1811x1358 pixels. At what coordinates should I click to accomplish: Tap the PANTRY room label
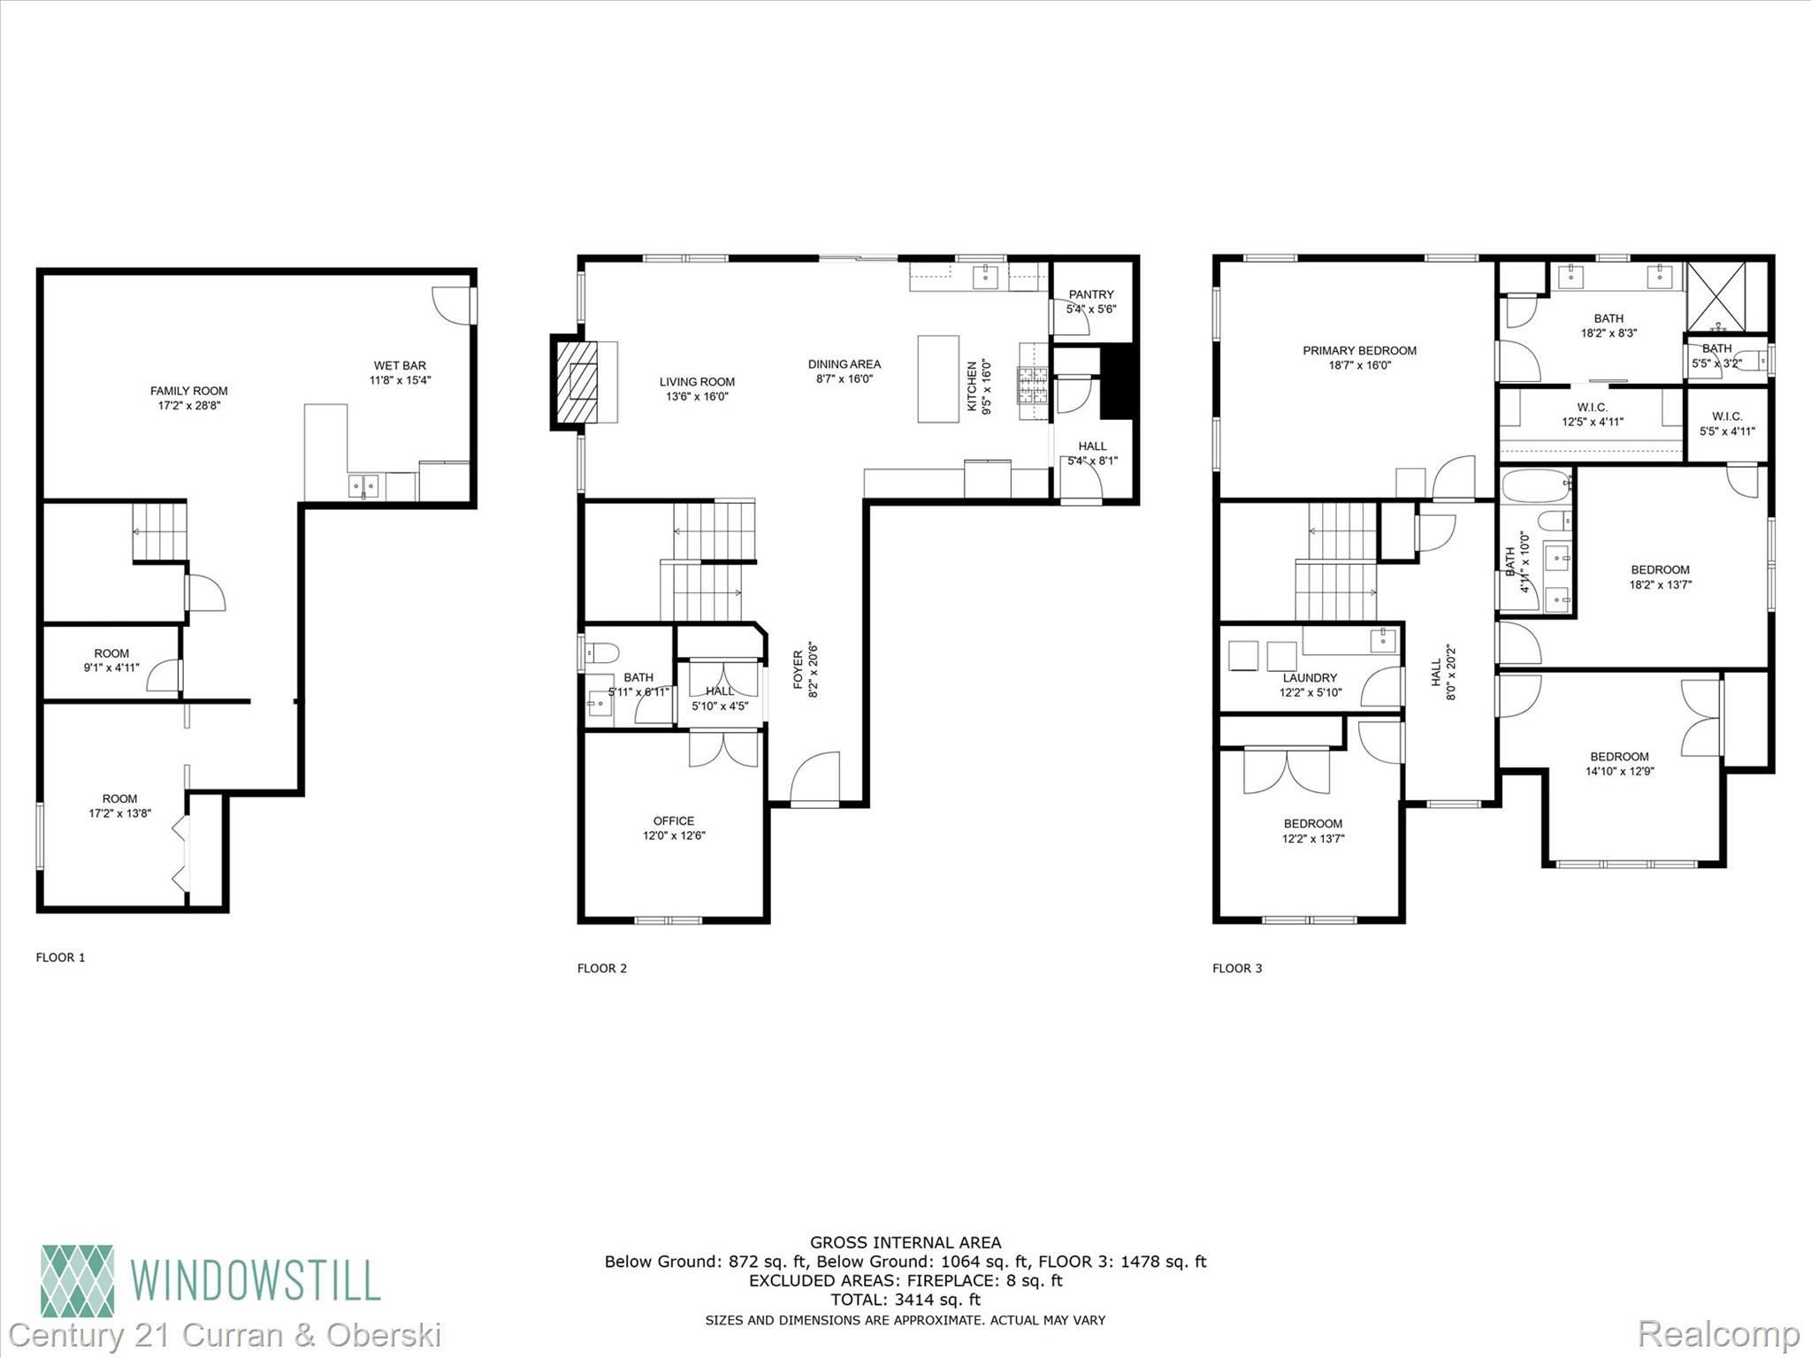(x=1091, y=294)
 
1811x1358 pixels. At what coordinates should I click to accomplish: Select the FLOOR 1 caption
(x=60, y=957)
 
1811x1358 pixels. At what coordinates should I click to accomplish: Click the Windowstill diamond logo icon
(x=78, y=1281)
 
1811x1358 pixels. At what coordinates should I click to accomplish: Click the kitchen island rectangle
(x=938, y=378)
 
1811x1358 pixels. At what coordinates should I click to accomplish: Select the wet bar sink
(x=363, y=484)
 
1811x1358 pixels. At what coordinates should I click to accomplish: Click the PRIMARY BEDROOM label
(x=1359, y=350)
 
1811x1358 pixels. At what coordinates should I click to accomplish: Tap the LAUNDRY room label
(x=1310, y=678)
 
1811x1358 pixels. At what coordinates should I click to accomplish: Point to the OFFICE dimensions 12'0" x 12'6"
(x=674, y=835)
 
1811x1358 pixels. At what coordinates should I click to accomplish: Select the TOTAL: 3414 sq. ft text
(x=905, y=1300)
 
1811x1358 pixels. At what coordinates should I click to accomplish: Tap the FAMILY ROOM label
(x=188, y=391)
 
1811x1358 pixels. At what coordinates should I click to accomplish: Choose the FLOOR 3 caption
(x=1237, y=968)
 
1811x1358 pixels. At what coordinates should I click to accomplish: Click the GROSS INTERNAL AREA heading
(x=905, y=1242)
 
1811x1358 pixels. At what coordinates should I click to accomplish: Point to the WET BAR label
(x=400, y=365)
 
